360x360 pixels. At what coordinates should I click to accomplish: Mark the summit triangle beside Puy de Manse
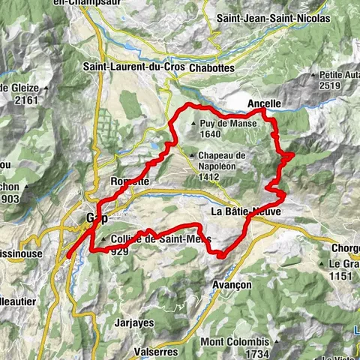click(x=194, y=124)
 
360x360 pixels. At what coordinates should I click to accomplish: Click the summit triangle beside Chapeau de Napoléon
click(x=193, y=155)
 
